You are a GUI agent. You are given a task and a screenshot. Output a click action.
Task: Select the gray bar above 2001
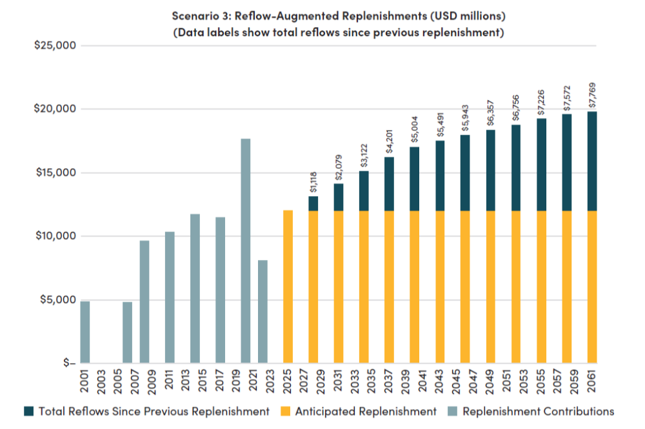tap(85, 332)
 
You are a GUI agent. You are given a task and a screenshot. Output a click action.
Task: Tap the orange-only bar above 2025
tap(288, 286)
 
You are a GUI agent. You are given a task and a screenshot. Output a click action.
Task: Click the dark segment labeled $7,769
tap(592, 161)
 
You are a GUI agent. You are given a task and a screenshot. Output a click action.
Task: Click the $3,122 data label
tap(364, 155)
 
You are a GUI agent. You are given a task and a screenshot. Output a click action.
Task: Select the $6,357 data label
tap(491, 115)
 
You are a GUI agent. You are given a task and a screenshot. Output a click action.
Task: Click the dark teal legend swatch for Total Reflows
tap(29, 411)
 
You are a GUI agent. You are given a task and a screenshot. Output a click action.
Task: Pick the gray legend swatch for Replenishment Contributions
tap(452, 411)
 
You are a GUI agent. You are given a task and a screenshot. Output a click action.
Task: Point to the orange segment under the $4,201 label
tap(390, 286)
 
